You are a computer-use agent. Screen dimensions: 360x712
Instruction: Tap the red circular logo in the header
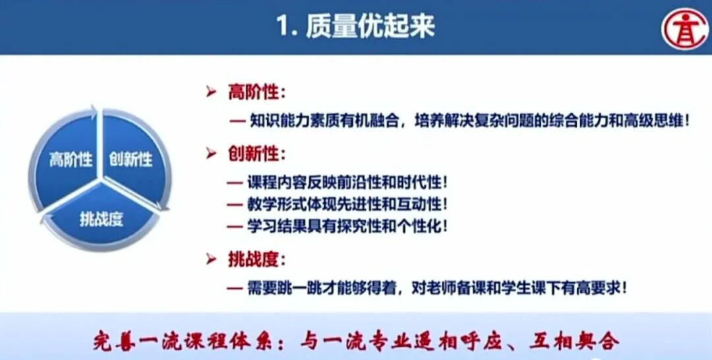686,28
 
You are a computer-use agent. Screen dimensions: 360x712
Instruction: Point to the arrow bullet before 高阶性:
211,93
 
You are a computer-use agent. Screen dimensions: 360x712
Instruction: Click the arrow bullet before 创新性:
211,154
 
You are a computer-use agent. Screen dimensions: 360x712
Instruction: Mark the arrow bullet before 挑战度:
211,260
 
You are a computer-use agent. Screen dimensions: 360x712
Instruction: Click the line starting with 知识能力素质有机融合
469,121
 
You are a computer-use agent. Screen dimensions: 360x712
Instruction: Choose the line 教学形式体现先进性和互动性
349,204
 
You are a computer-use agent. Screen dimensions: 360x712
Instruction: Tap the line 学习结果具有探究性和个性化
349,225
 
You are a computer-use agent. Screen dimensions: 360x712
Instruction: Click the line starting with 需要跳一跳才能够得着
435,287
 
